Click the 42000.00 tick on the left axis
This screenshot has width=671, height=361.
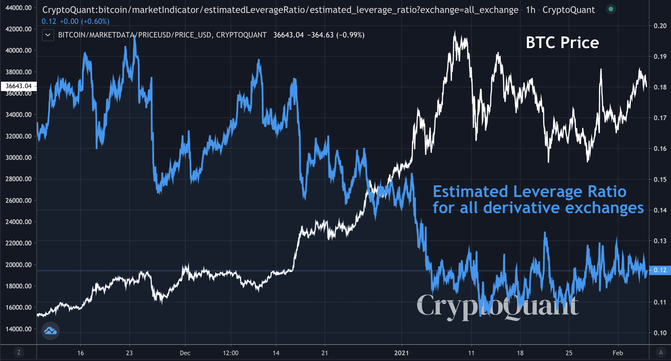point(19,29)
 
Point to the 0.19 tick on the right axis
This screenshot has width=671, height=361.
point(660,57)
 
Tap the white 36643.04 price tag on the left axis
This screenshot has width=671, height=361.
point(19,86)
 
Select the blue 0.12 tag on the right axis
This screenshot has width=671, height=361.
point(660,270)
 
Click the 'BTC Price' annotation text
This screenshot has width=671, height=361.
point(562,43)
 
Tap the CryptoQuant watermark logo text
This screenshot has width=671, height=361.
point(497,305)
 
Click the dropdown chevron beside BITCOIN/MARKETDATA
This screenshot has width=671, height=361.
point(48,35)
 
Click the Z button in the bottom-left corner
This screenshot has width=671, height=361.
point(19,352)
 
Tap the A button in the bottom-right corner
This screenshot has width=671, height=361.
point(661,352)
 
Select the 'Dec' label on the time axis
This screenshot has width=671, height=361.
point(185,353)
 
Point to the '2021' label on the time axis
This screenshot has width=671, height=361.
point(401,353)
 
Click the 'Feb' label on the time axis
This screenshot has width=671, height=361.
point(618,353)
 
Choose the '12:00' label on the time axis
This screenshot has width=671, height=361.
point(231,353)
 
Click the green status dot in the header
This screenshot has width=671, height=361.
point(611,9)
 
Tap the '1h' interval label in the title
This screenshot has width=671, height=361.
point(531,10)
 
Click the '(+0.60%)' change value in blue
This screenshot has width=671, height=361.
point(95,21)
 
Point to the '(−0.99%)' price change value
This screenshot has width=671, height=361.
point(350,35)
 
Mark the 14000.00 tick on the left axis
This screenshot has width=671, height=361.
point(19,329)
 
